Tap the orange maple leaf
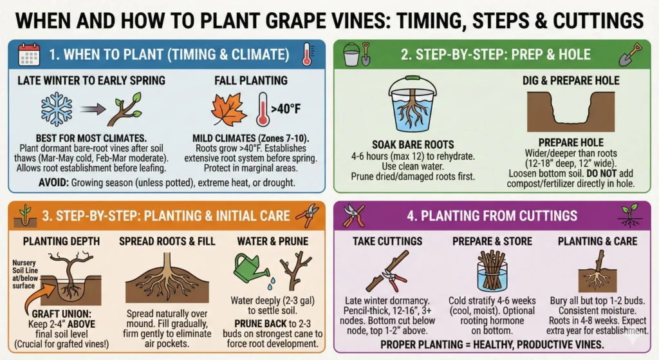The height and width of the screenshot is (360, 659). point(230,109)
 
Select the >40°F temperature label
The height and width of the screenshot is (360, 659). point(283,109)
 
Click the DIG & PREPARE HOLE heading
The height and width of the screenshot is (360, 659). point(571,81)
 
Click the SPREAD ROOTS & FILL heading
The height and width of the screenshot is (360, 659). point(166,242)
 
